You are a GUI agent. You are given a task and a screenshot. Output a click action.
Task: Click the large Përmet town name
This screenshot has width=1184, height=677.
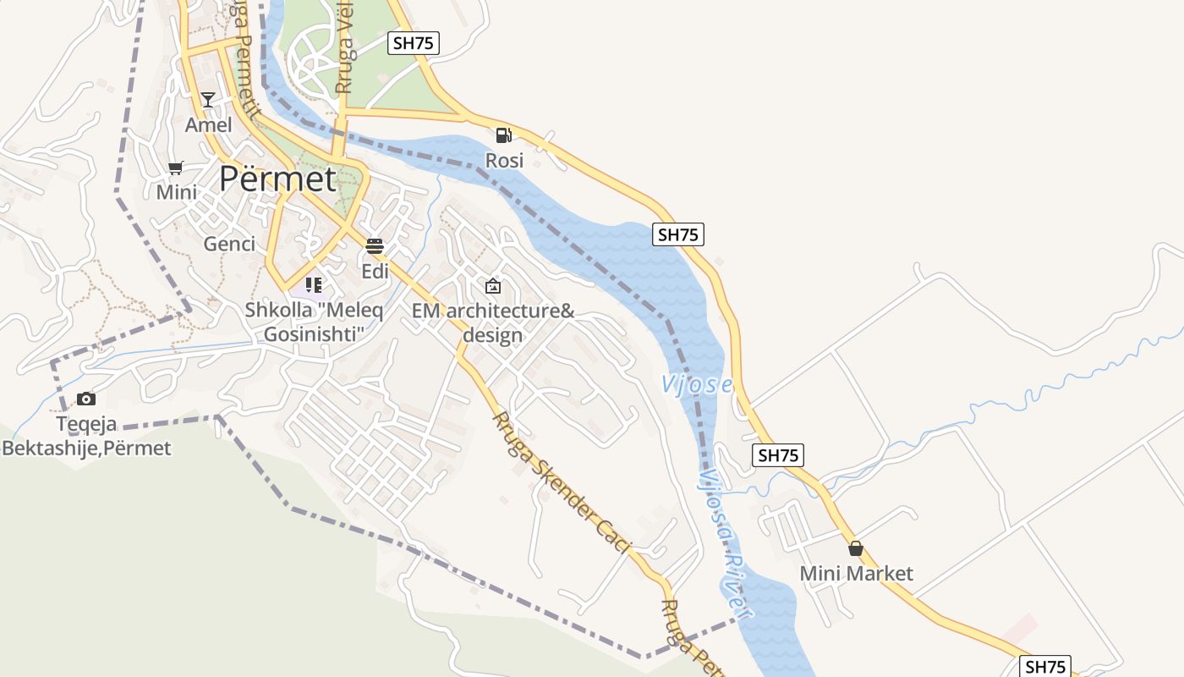point(277,179)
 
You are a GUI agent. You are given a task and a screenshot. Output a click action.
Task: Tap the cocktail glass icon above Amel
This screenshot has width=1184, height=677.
point(208,100)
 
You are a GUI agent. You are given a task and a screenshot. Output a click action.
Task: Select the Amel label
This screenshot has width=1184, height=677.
point(208,125)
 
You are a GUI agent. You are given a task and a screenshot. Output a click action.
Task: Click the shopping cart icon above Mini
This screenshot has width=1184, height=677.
point(176,168)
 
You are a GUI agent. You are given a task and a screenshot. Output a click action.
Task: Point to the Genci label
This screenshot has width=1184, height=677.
point(229,245)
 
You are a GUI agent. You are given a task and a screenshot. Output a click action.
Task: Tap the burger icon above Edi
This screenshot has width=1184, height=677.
point(375,246)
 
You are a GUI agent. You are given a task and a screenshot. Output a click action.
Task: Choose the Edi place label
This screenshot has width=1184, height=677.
point(375,272)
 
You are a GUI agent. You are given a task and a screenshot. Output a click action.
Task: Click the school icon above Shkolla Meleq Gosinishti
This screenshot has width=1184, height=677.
point(314,285)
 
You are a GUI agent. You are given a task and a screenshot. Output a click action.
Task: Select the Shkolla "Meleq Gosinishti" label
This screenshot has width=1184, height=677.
point(314,322)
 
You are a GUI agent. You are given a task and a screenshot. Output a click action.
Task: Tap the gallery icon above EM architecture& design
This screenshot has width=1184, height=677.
point(493,286)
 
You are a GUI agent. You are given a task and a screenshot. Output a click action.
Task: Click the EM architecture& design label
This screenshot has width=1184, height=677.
point(493,322)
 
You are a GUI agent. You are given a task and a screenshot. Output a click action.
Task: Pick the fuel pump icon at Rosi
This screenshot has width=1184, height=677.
point(504,135)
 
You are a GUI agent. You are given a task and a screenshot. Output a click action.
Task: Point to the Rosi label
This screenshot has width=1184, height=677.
point(504,160)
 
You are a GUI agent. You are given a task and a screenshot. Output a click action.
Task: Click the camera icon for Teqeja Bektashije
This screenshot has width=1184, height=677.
point(86,399)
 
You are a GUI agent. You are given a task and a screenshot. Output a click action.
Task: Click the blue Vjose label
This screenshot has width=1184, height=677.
point(696,385)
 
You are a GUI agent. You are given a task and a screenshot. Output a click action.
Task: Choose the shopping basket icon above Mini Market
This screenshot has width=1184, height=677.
point(856,548)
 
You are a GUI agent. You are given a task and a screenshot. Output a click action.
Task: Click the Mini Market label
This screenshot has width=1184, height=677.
point(856,574)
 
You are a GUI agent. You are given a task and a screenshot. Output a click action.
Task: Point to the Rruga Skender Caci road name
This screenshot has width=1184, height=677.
point(562,483)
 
